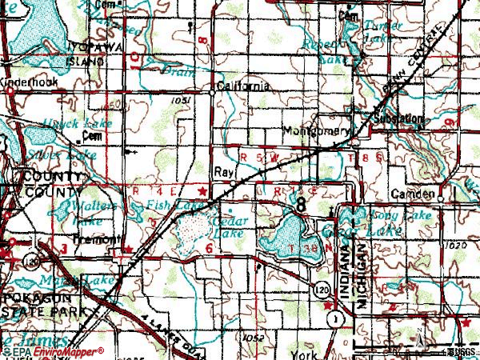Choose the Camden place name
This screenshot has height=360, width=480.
tap(413, 194)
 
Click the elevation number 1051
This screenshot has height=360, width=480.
tap(180, 101)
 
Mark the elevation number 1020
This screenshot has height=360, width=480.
tap(454, 246)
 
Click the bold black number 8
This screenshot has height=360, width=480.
tap(301, 204)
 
